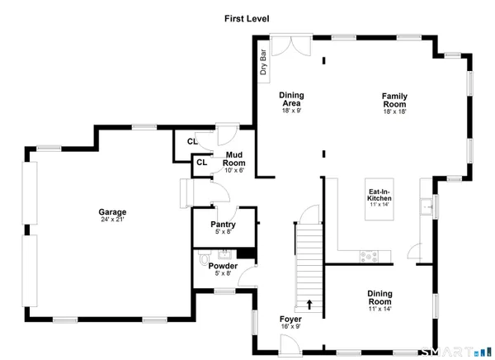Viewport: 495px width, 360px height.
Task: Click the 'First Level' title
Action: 247,18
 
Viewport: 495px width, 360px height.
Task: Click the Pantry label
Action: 223,228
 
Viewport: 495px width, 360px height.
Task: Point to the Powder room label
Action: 223,268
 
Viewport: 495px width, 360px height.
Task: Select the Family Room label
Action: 394,102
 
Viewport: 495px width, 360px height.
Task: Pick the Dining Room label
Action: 379,296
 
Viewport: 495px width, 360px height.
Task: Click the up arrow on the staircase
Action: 310,304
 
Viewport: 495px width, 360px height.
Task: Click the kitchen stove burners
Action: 369,255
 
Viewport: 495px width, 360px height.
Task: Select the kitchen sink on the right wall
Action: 427,206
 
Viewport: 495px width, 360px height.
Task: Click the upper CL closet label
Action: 191,142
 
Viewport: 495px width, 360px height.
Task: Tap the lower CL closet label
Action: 201,163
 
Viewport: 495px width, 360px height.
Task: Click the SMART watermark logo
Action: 455,351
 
